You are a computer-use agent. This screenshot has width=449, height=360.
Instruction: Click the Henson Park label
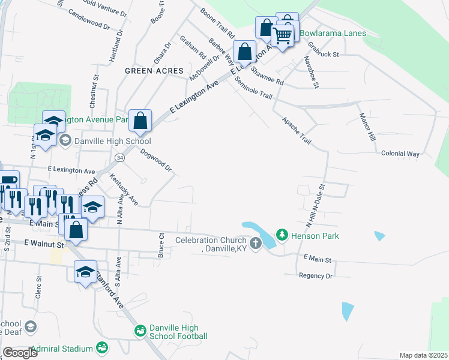(315, 236)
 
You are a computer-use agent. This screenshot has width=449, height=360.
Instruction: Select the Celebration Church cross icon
(256, 244)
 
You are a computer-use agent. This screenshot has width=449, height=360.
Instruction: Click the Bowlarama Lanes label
(333, 33)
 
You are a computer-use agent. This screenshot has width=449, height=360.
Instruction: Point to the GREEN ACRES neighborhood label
(154, 71)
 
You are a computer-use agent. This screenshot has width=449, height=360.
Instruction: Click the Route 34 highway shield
(120, 157)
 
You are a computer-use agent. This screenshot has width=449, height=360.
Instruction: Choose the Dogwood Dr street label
(156, 160)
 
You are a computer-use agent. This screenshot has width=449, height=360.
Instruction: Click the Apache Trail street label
(297, 131)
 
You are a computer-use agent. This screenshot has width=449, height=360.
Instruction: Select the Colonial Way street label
(400, 154)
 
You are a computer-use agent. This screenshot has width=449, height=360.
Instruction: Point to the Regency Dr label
(315, 275)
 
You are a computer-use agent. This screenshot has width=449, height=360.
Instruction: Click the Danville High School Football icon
(140, 331)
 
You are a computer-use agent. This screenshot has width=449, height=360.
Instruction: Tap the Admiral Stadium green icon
(102, 348)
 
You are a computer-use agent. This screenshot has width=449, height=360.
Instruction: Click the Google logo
(20, 353)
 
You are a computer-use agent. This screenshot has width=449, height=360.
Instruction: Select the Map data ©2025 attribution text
(423, 355)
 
